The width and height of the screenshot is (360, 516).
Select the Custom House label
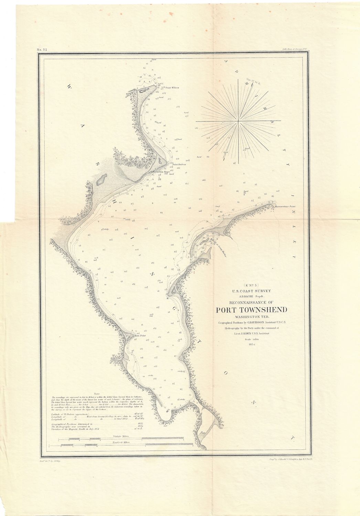tap(161, 172)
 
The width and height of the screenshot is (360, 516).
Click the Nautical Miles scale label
tap(120, 441)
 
